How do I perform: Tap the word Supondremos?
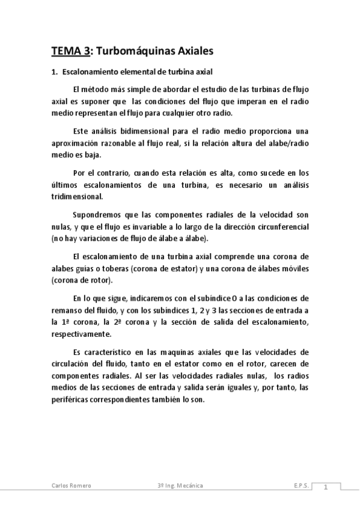point(97,214)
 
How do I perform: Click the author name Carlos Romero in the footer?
point(70,485)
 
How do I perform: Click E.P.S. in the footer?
point(302,485)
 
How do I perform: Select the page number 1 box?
point(325,487)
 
